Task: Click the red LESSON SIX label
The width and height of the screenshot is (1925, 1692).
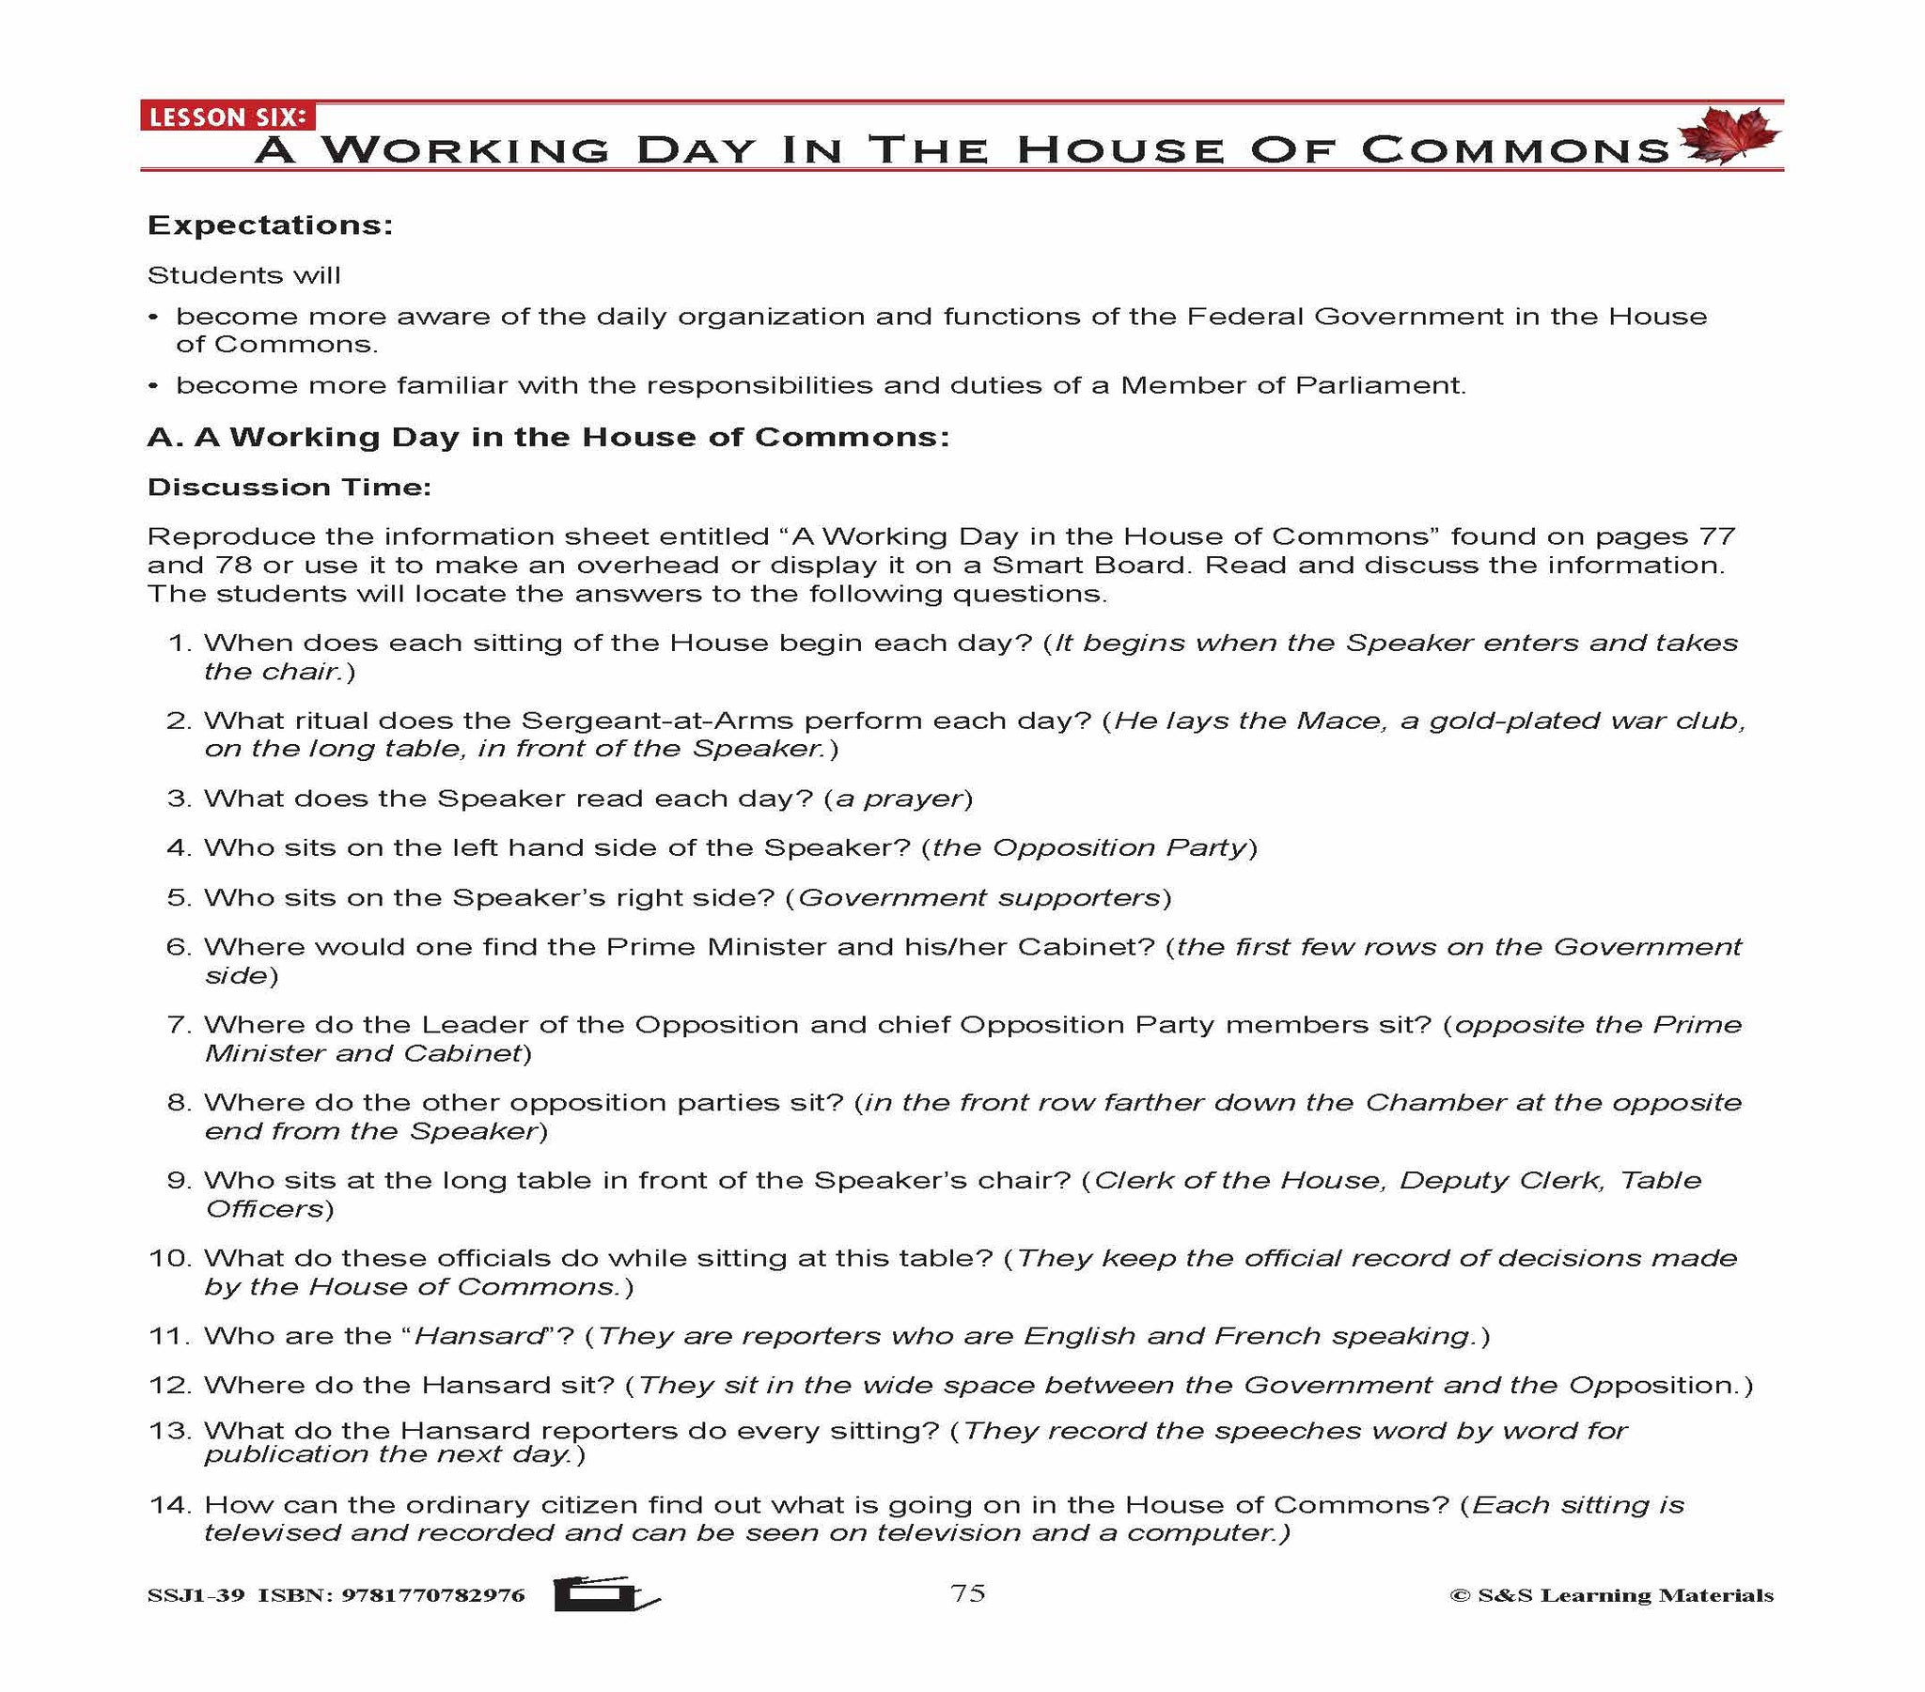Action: pos(227,116)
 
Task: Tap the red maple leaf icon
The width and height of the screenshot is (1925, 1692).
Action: pos(1729,136)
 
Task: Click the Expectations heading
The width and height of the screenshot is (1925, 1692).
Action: pos(270,226)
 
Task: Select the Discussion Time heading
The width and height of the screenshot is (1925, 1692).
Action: pos(290,487)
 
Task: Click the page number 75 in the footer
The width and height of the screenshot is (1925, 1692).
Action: pos(967,1592)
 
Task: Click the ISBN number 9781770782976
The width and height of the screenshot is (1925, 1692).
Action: pos(432,1595)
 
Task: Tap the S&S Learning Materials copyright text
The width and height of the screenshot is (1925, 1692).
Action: pos(1611,1595)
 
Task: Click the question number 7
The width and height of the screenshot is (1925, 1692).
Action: pos(178,1024)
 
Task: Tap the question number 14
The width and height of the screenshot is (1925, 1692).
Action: pos(169,1505)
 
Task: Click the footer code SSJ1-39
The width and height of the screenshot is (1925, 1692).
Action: pos(196,1595)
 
